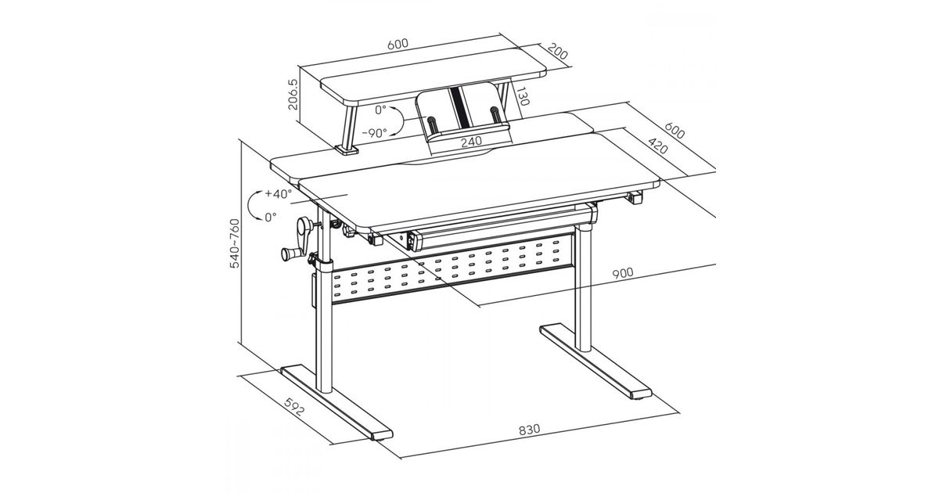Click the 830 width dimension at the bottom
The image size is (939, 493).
[x=530, y=430]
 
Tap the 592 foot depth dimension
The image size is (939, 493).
[x=294, y=406]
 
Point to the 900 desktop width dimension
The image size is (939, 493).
[x=623, y=274]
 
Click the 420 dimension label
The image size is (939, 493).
[x=658, y=146]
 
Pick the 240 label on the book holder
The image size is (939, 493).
[x=471, y=142]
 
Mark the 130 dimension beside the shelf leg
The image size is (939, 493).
[x=523, y=96]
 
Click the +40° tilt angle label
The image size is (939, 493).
[x=278, y=194]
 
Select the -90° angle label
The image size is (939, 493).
[x=374, y=133]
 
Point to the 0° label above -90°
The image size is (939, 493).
[x=380, y=110]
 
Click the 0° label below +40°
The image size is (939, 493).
[x=271, y=217]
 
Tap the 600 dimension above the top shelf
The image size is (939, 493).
[x=398, y=44]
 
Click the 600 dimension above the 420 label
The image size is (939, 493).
[x=675, y=131]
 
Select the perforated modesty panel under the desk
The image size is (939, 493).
[x=453, y=268]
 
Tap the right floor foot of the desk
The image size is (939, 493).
[x=595, y=362]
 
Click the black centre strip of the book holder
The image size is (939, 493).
[x=459, y=108]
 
